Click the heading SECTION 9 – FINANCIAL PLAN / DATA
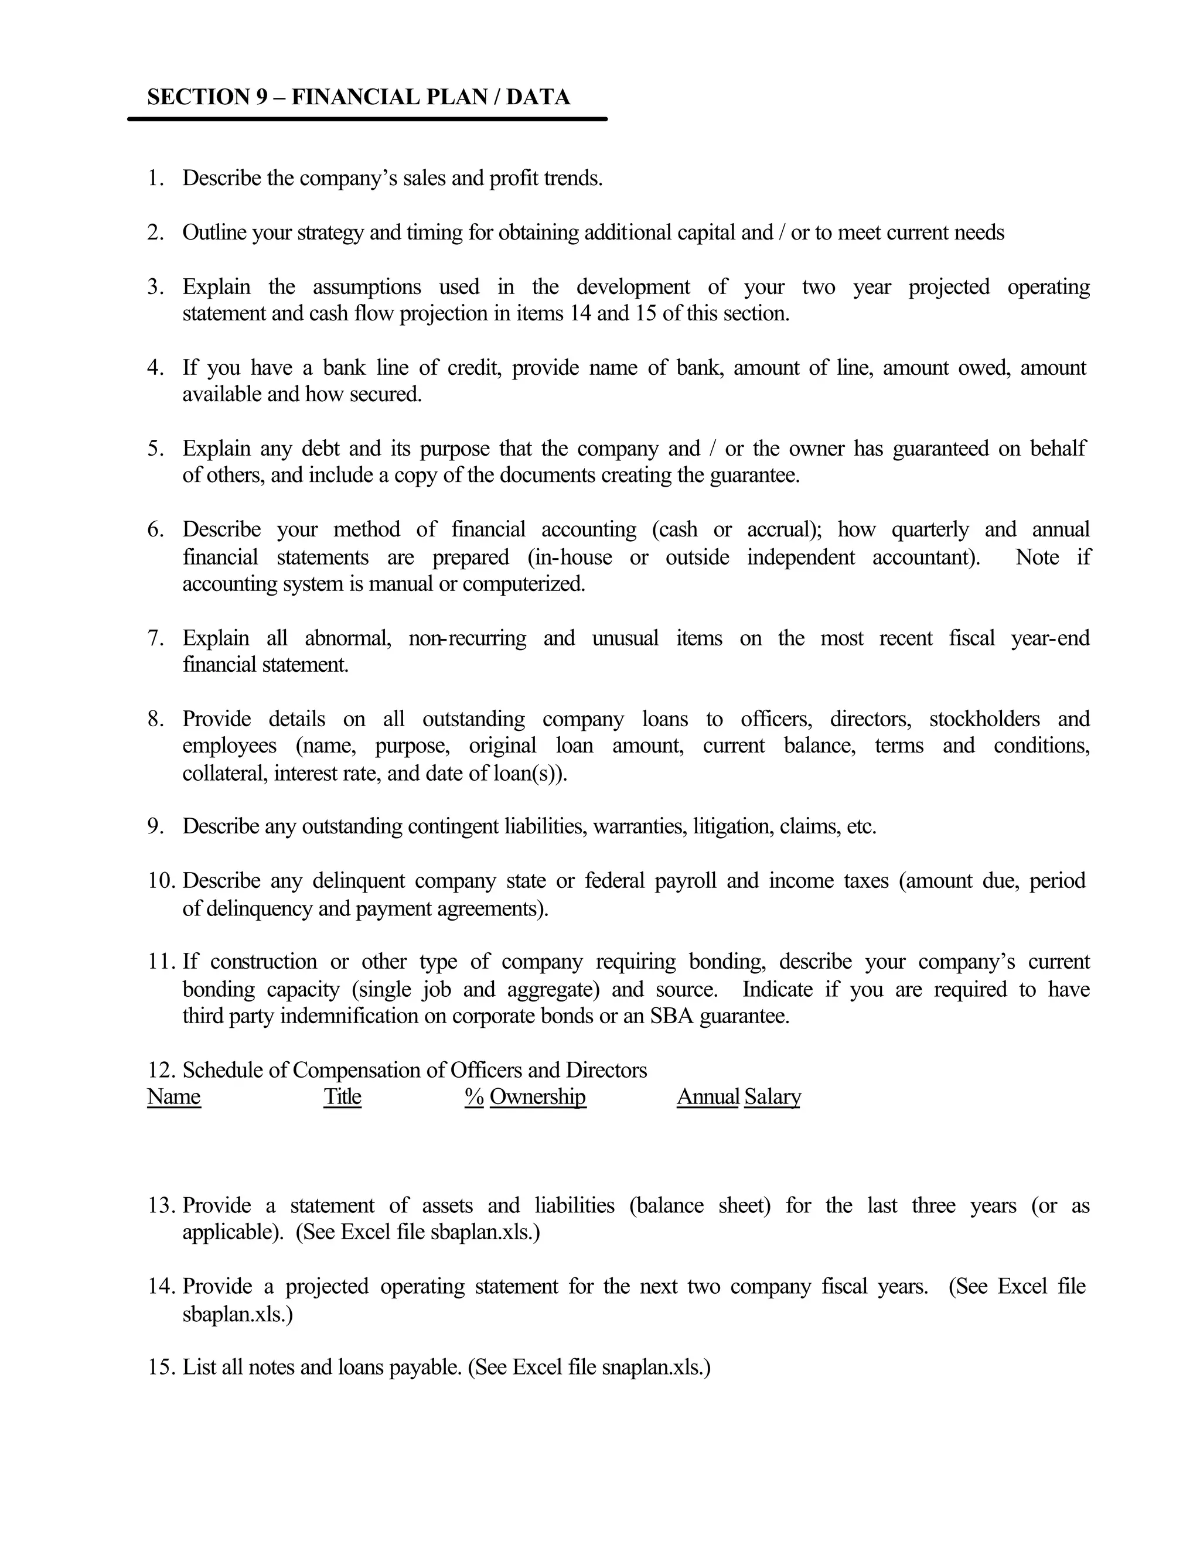[358, 97]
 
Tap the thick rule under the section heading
[367, 119]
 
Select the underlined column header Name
[173, 1096]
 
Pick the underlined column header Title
[342, 1096]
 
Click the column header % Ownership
[526, 1096]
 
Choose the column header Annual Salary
[739, 1096]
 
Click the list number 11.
[161, 962]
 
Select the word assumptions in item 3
[366, 286]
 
